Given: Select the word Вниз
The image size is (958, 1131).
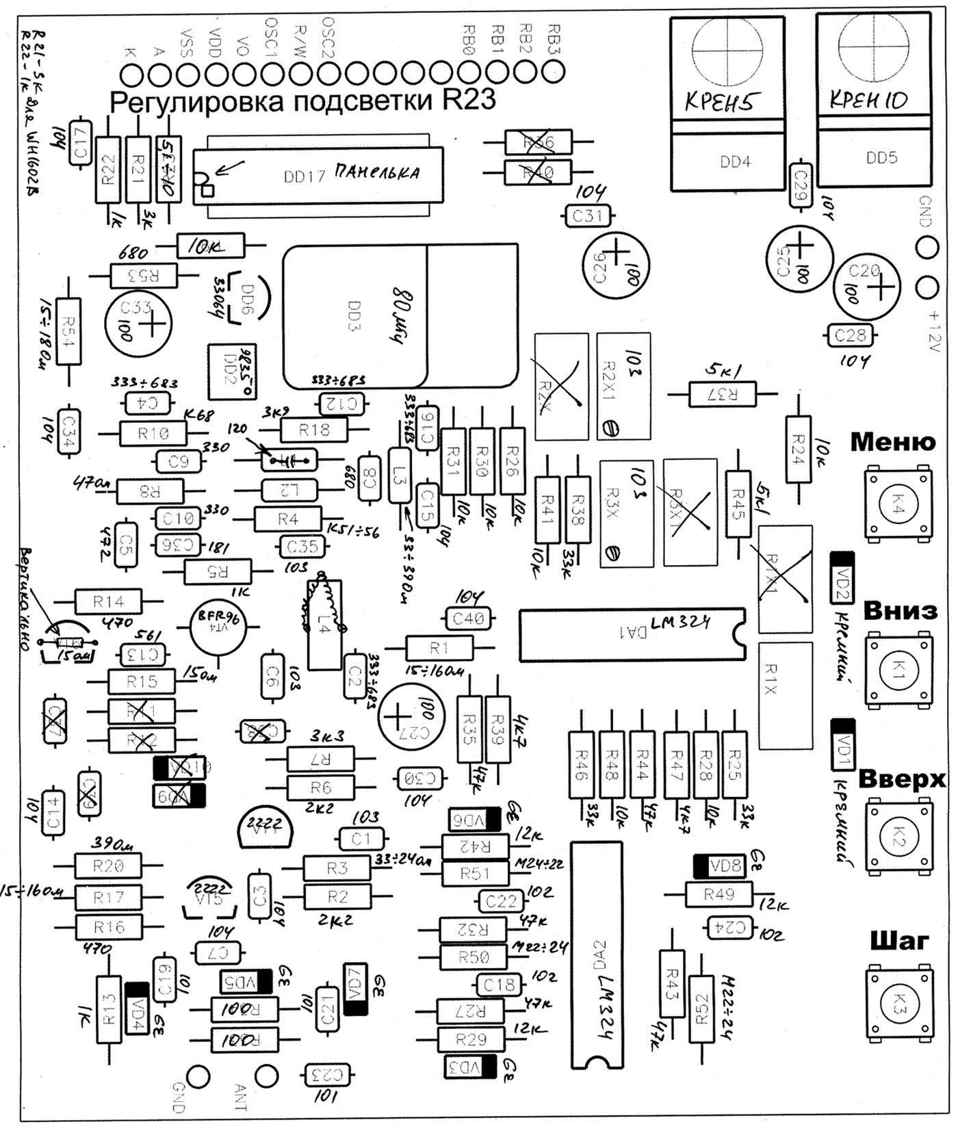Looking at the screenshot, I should (x=900, y=610).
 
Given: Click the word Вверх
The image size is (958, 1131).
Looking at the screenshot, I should (x=901, y=779).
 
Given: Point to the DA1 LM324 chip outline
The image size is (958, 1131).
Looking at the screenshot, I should (x=632, y=635).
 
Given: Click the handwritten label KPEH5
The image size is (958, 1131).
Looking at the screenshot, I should (x=723, y=103).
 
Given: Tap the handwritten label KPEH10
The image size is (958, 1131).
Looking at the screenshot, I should (x=868, y=101).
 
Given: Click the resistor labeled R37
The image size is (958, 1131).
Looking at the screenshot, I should (x=723, y=394).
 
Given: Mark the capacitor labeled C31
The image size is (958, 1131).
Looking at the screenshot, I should (x=586, y=217).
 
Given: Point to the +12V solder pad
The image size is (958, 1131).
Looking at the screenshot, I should (x=927, y=287).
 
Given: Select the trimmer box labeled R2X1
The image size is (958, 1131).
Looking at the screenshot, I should (x=623, y=386).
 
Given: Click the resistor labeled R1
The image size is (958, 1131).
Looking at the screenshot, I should (x=439, y=647).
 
